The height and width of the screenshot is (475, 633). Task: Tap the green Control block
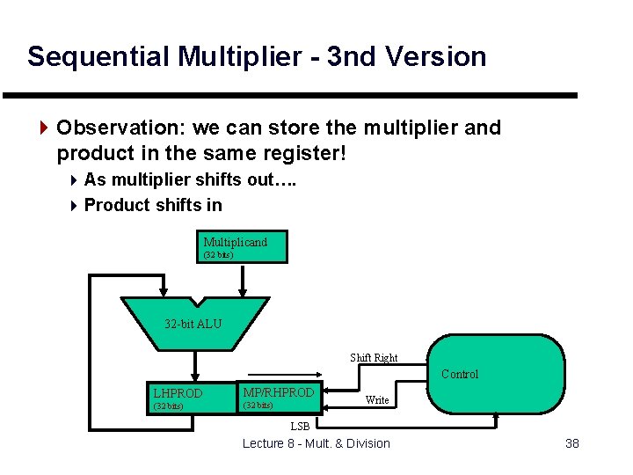point(497,374)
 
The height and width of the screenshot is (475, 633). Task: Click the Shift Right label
point(374,358)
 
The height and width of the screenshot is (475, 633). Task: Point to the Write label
point(377,400)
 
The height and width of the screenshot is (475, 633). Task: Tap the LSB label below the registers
point(300,427)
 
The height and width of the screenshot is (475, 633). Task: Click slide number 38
point(572,443)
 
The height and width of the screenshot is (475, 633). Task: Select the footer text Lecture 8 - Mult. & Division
point(316,443)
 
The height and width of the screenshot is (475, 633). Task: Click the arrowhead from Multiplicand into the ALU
point(244,292)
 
